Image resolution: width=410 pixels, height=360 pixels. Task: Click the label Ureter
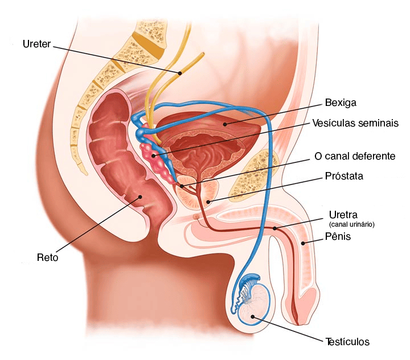36,44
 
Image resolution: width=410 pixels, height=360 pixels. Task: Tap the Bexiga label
341,103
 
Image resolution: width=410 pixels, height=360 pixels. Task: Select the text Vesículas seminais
355,123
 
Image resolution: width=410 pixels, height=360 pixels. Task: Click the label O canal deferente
355,156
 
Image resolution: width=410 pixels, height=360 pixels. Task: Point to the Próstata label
344,176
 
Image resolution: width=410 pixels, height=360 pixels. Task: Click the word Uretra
343,215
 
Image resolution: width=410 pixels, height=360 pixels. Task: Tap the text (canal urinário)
352,224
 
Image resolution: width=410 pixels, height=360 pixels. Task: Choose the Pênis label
338,236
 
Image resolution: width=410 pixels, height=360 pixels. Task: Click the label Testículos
347,342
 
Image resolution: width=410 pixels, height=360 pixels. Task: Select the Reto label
47,257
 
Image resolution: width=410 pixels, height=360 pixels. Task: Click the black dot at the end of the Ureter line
180,73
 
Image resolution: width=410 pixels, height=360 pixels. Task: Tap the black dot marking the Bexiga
225,124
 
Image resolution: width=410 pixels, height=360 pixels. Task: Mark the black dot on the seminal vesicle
154,156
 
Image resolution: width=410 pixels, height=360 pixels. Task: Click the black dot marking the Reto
140,197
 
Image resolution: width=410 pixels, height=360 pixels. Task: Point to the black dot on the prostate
208,202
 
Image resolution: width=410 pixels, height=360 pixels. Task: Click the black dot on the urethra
275,228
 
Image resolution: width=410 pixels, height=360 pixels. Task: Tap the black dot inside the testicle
253,317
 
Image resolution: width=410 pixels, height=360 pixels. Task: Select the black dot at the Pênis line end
303,243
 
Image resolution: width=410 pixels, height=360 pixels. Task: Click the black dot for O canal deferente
182,186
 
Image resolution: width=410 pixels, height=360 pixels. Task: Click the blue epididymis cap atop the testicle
251,279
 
